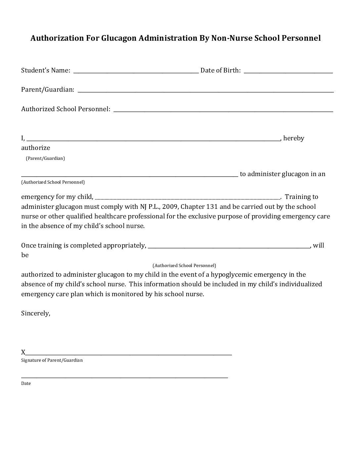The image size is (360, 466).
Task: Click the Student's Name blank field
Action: click(x=136, y=71)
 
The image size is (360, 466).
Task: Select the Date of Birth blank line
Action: click(x=288, y=71)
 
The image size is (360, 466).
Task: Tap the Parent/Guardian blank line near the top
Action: click(x=205, y=90)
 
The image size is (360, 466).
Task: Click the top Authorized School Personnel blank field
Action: click(x=223, y=110)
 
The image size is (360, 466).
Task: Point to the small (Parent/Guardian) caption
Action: click(x=45, y=158)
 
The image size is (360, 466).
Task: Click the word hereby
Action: click(x=293, y=138)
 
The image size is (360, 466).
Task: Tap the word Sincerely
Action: click(x=35, y=313)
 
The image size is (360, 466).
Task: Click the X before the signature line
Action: click(x=23, y=352)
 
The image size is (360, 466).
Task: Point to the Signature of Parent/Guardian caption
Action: click(x=52, y=360)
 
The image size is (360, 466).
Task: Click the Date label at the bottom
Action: click(x=26, y=383)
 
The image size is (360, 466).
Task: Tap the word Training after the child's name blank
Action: click(x=301, y=197)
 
